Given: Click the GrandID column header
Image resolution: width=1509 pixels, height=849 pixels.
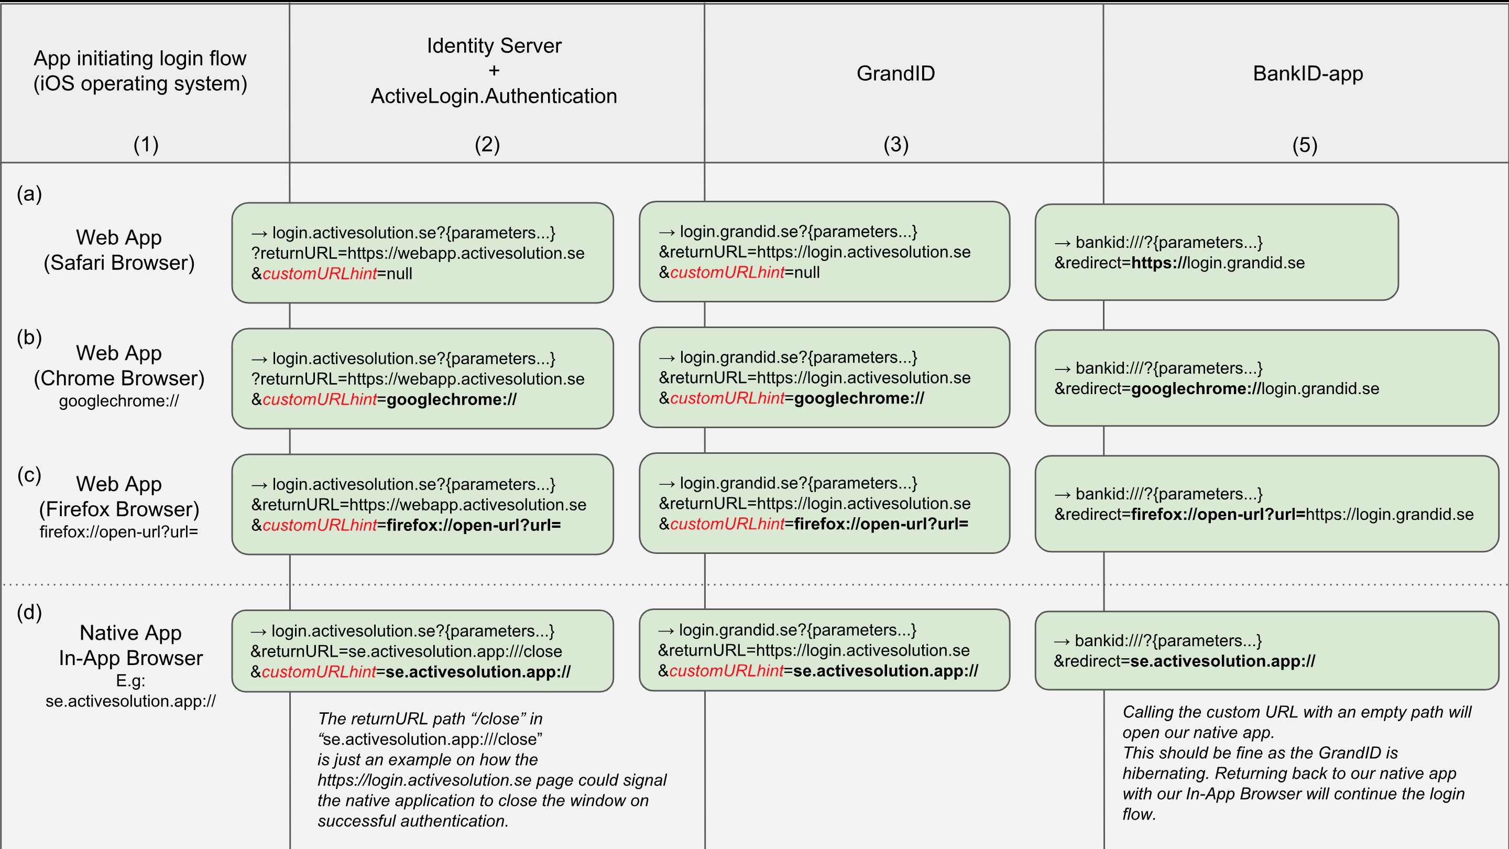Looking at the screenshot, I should point(895,74).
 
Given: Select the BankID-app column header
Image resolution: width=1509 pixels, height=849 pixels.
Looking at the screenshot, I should point(1307,74).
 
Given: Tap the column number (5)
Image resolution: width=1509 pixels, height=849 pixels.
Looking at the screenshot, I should point(1305,145).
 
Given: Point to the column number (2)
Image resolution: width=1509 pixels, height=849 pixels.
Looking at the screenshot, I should point(487,145).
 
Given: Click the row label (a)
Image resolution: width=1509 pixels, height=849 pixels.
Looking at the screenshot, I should point(29,194).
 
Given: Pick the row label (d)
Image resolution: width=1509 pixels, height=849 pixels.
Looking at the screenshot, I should point(29,612).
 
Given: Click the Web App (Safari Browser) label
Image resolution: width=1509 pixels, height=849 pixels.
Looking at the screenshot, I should point(119,250).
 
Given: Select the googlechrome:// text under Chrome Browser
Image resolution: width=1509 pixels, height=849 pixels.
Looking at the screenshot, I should point(119,401).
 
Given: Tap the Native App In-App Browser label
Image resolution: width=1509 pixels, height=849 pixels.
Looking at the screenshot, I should point(130,645).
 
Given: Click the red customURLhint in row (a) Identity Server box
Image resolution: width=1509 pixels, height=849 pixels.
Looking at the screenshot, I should point(319,274).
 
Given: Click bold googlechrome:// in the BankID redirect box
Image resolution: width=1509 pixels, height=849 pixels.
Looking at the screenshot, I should point(1195,389).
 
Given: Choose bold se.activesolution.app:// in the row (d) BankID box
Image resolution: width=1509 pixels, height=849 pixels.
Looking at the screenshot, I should point(1222,661).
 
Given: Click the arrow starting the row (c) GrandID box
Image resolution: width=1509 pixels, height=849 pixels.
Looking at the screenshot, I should point(666,484).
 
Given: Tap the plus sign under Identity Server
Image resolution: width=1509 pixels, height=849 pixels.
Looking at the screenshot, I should point(494,71).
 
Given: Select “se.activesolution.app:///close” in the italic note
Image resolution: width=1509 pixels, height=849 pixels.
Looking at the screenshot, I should point(431,739).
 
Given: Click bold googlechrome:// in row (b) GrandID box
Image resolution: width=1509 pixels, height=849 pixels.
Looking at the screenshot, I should point(859,398).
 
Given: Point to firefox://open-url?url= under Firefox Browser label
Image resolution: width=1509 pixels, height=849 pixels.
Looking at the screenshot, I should point(119,532).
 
